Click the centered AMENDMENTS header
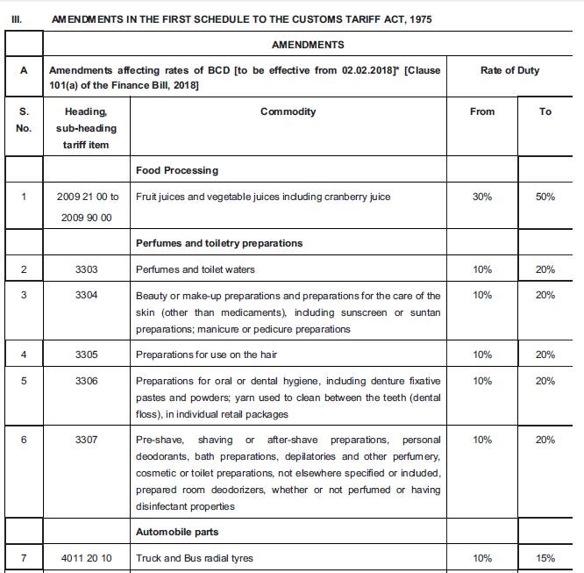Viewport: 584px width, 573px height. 308,45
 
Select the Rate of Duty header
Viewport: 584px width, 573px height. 509,70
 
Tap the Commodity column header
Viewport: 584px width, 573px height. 288,111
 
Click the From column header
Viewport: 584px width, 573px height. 481,111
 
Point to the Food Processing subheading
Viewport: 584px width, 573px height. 177,170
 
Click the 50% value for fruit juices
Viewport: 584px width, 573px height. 545,197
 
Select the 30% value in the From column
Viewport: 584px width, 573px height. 481,197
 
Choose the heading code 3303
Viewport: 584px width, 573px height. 86,269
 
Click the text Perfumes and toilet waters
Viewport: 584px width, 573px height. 196,269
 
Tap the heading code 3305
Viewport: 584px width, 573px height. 86,355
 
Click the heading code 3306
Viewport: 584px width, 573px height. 86,381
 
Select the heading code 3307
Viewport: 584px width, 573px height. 86,440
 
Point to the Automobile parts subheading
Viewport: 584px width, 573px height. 177,532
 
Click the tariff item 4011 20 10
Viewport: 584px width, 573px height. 86,558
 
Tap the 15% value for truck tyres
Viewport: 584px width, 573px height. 545,558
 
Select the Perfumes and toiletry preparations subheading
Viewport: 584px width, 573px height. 219,243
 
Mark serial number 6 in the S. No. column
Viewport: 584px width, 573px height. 24,440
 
